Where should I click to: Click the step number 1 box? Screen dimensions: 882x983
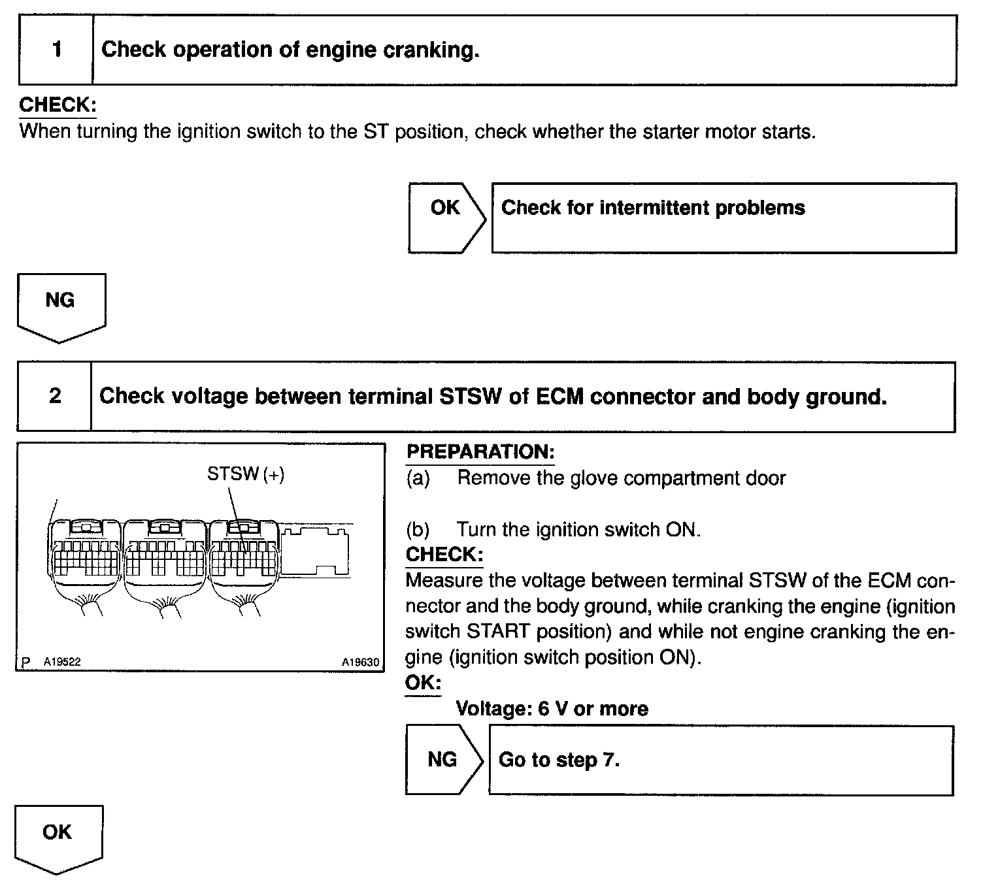[x=56, y=50]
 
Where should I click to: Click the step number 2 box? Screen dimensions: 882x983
[x=55, y=397]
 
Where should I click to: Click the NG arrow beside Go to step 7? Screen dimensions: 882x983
[x=442, y=759]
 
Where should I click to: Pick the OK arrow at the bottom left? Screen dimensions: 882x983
[x=58, y=837]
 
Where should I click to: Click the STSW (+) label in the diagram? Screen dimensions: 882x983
[x=246, y=474]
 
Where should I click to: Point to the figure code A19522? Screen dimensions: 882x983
[x=62, y=662]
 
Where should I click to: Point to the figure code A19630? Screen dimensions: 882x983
[x=359, y=662]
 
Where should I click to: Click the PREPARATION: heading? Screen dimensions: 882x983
[x=480, y=451]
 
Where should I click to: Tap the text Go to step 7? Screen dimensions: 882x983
[x=559, y=760]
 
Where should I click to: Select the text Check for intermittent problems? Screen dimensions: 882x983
[x=653, y=208]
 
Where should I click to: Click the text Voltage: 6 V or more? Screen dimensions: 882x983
[x=552, y=709]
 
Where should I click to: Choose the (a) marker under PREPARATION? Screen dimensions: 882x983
[x=418, y=478]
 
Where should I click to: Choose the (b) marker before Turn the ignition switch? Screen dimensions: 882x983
[x=418, y=529]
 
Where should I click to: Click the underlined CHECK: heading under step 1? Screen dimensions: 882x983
[x=58, y=105]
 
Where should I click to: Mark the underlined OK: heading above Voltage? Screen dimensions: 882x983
[x=423, y=683]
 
